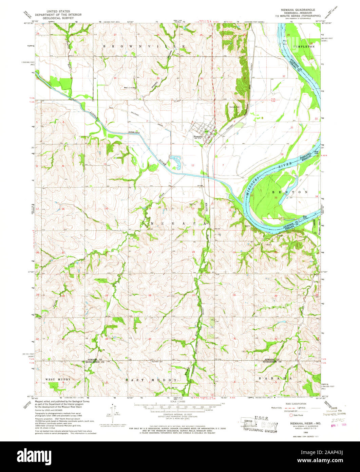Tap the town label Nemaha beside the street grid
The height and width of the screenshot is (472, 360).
point(198,137)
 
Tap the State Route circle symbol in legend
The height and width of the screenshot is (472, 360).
point(291,415)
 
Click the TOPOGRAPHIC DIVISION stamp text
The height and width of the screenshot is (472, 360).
point(260,430)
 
